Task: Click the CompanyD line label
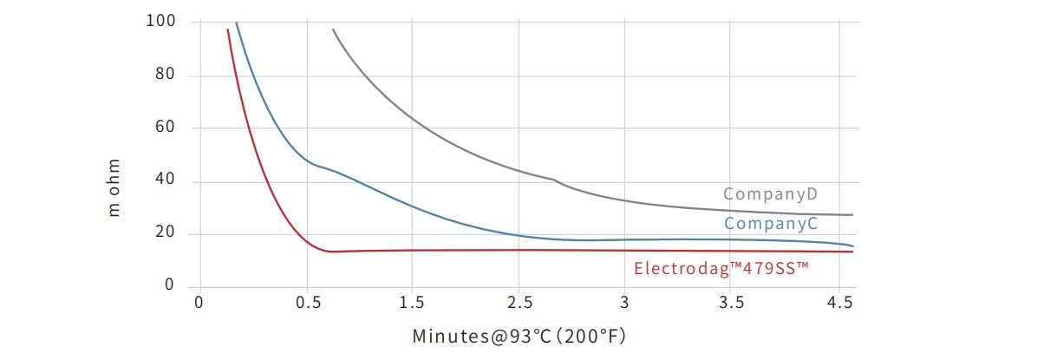(768, 193)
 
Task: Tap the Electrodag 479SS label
(721, 268)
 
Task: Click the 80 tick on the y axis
(166, 75)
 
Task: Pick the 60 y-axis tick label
(166, 128)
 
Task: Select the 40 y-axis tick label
(166, 180)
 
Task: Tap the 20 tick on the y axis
(166, 233)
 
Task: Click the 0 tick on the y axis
(170, 286)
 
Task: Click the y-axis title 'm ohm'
(114, 187)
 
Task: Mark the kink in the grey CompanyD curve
(554, 180)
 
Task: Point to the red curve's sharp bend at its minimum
(329, 251)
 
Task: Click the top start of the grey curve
(333, 29)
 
